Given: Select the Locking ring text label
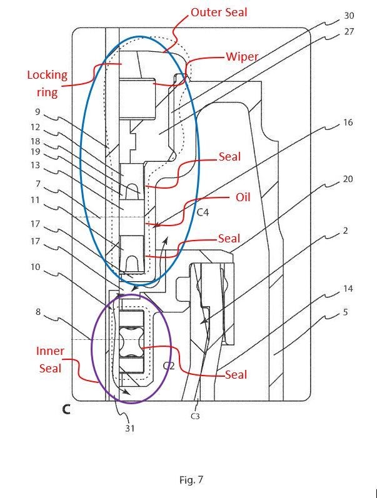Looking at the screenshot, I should pos(47,84).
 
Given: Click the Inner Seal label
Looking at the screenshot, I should pos(50,360).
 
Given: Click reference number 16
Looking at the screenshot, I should pos(348,122).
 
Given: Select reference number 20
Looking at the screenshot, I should pos(348,179).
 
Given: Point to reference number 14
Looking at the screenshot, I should pos(348,289).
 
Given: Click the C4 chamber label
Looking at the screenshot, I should pos(203,212).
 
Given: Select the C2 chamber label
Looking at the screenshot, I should pos(168,366).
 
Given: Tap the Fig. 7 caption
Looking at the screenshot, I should pos(191,480).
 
